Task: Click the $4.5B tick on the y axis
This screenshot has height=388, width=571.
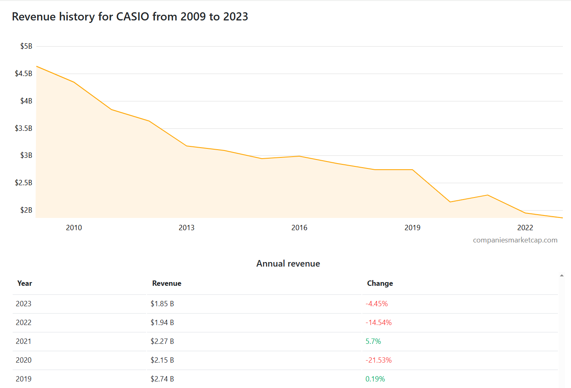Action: pos(23,74)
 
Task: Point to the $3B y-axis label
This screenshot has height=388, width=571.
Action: pos(26,155)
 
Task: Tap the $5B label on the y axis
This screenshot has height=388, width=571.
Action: pos(26,46)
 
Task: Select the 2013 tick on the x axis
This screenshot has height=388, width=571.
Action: pos(186,228)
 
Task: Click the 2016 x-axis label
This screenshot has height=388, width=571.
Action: pos(299,228)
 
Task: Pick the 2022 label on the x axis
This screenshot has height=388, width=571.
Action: pos(525,228)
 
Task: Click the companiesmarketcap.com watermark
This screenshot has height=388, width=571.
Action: pos(515,240)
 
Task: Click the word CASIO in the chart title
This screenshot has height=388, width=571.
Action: pos(132,17)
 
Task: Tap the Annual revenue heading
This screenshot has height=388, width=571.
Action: pos(288,264)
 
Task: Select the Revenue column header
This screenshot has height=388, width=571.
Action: pos(167,283)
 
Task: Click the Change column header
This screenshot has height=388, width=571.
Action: pos(380,283)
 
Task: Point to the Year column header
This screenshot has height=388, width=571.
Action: pos(25,283)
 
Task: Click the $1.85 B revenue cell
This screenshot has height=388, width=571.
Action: pos(162,304)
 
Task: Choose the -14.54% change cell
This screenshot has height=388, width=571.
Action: pos(378,323)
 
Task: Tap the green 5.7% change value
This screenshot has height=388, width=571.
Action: pos(373,341)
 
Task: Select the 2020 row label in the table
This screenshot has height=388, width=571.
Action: pos(24,360)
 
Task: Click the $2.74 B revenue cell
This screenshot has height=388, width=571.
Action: pos(162,379)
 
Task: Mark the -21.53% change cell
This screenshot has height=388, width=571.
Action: pos(378,360)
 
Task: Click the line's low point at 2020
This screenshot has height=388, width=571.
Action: pos(450,202)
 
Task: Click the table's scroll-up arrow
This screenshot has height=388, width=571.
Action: pos(562,276)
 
